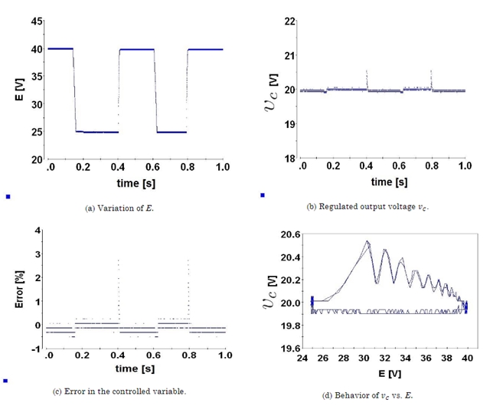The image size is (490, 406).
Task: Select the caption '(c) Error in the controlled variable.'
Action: pyautogui.click(x=119, y=391)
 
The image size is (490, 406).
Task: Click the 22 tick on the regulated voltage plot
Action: pyautogui.click(x=289, y=20)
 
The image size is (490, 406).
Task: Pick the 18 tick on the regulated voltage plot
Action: pyautogui.click(x=289, y=159)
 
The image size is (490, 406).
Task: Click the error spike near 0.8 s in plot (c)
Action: pyautogui.click(x=188, y=262)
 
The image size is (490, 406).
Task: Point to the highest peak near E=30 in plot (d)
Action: pyautogui.click(x=367, y=242)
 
